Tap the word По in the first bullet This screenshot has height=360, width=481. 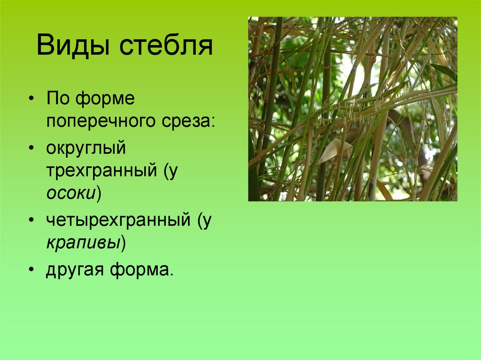click(57, 100)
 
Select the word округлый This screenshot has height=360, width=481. click(86, 148)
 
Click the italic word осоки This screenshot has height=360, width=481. click(71, 194)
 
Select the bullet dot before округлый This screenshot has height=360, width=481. click(31, 149)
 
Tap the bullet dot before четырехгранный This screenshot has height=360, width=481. click(31, 221)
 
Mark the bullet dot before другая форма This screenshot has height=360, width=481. click(31, 271)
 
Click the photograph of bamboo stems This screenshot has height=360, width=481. click(352, 109)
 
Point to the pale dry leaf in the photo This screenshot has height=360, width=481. click(334, 150)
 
